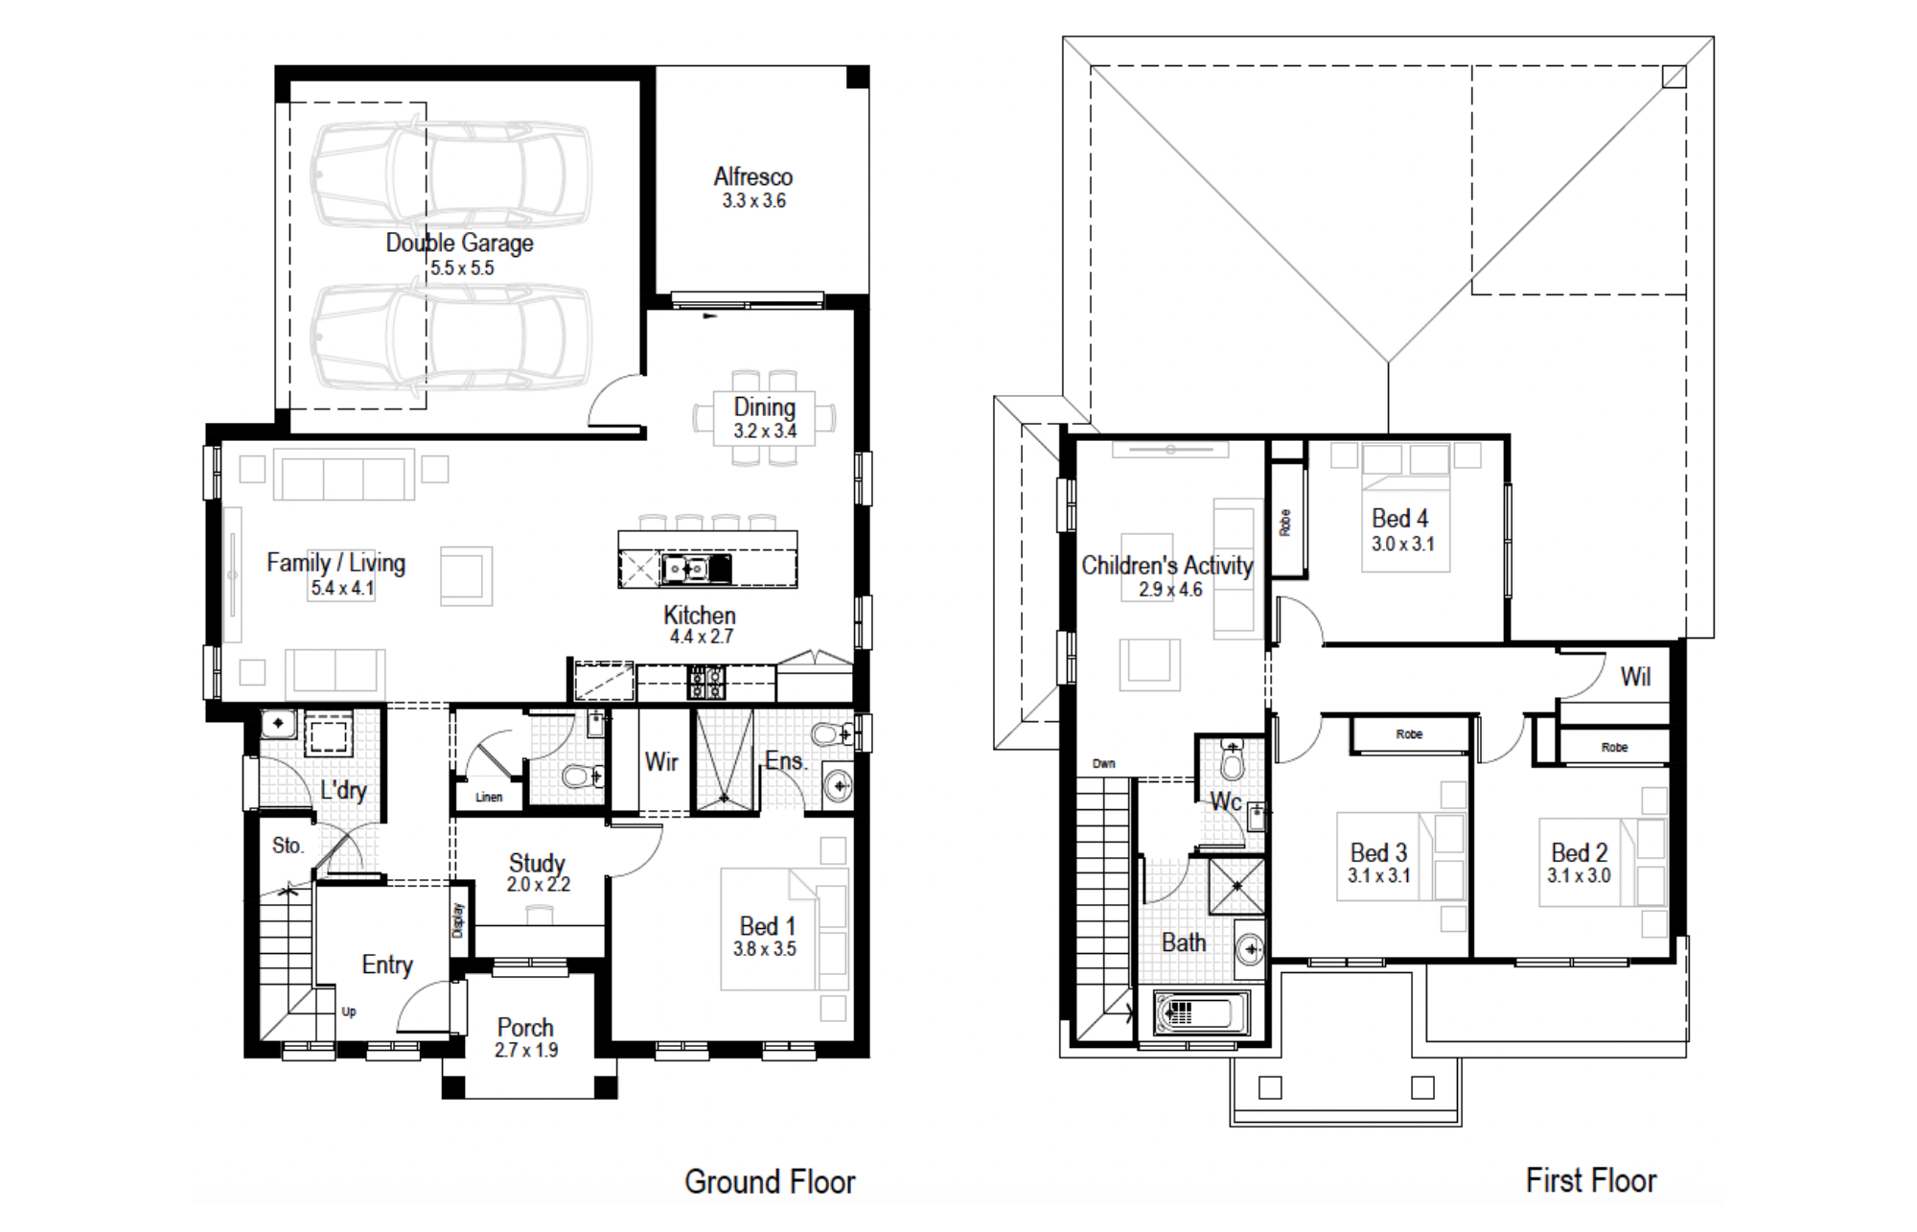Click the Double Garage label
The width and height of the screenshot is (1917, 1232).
click(x=459, y=243)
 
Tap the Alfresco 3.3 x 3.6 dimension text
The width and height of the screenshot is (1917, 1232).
click(x=754, y=200)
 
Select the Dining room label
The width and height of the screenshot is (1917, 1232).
click(x=765, y=407)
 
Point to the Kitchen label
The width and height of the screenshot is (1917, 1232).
click(x=700, y=615)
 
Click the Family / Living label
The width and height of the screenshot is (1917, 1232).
click(x=335, y=563)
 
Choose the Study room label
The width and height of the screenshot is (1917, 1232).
click(x=537, y=863)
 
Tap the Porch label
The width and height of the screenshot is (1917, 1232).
click(x=525, y=1027)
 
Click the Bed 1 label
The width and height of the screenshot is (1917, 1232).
click(x=767, y=926)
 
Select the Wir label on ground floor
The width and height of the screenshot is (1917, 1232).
click(x=661, y=761)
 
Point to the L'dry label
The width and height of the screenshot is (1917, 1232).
click(x=343, y=790)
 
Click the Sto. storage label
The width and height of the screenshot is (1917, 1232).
click(x=288, y=845)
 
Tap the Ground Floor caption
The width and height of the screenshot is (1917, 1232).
click(x=770, y=1181)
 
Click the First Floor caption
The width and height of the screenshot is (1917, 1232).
click(x=1591, y=1180)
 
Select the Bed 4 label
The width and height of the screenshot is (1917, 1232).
click(x=1399, y=519)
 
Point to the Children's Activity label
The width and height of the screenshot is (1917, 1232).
click(x=1167, y=566)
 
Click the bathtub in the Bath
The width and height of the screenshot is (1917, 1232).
click(x=1201, y=1013)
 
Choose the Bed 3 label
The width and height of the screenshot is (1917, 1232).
click(x=1378, y=852)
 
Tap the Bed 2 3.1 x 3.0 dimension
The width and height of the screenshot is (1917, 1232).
click(x=1579, y=875)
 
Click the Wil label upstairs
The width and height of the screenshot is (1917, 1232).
click(x=1635, y=677)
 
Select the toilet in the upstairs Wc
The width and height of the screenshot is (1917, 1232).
click(x=1233, y=759)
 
